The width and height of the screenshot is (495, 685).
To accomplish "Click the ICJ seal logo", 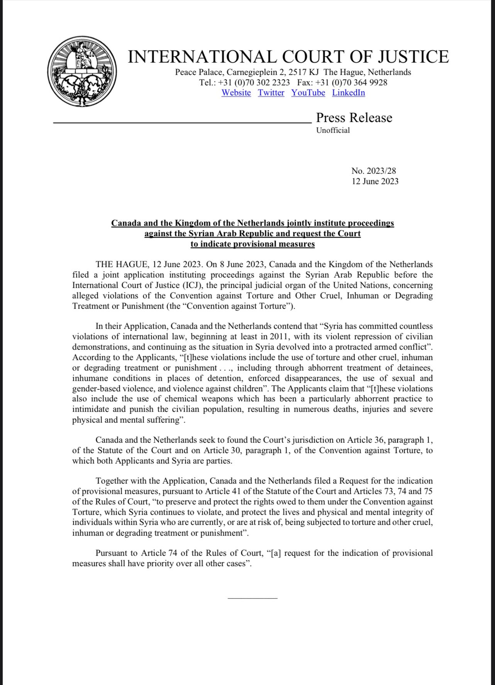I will pyautogui.click(x=83, y=72).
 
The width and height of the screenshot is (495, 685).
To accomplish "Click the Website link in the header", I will pyautogui.click(x=236, y=93).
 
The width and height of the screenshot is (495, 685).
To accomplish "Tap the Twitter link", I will pyautogui.click(x=271, y=93).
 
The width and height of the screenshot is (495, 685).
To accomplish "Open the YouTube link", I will pyautogui.click(x=308, y=93).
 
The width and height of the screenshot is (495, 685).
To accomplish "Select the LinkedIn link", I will pyautogui.click(x=348, y=93).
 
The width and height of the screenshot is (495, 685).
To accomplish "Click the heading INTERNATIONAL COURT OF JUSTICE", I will pyautogui.click(x=288, y=57).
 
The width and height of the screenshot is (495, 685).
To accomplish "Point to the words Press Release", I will pyautogui.click(x=354, y=118).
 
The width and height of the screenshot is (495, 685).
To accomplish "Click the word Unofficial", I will pyautogui.click(x=333, y=130).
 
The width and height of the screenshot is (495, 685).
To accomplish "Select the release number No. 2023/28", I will pyautogui.click(x=373, y=171).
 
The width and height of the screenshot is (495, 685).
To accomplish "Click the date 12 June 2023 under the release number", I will pyautogui.click(x=375, y=181).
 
